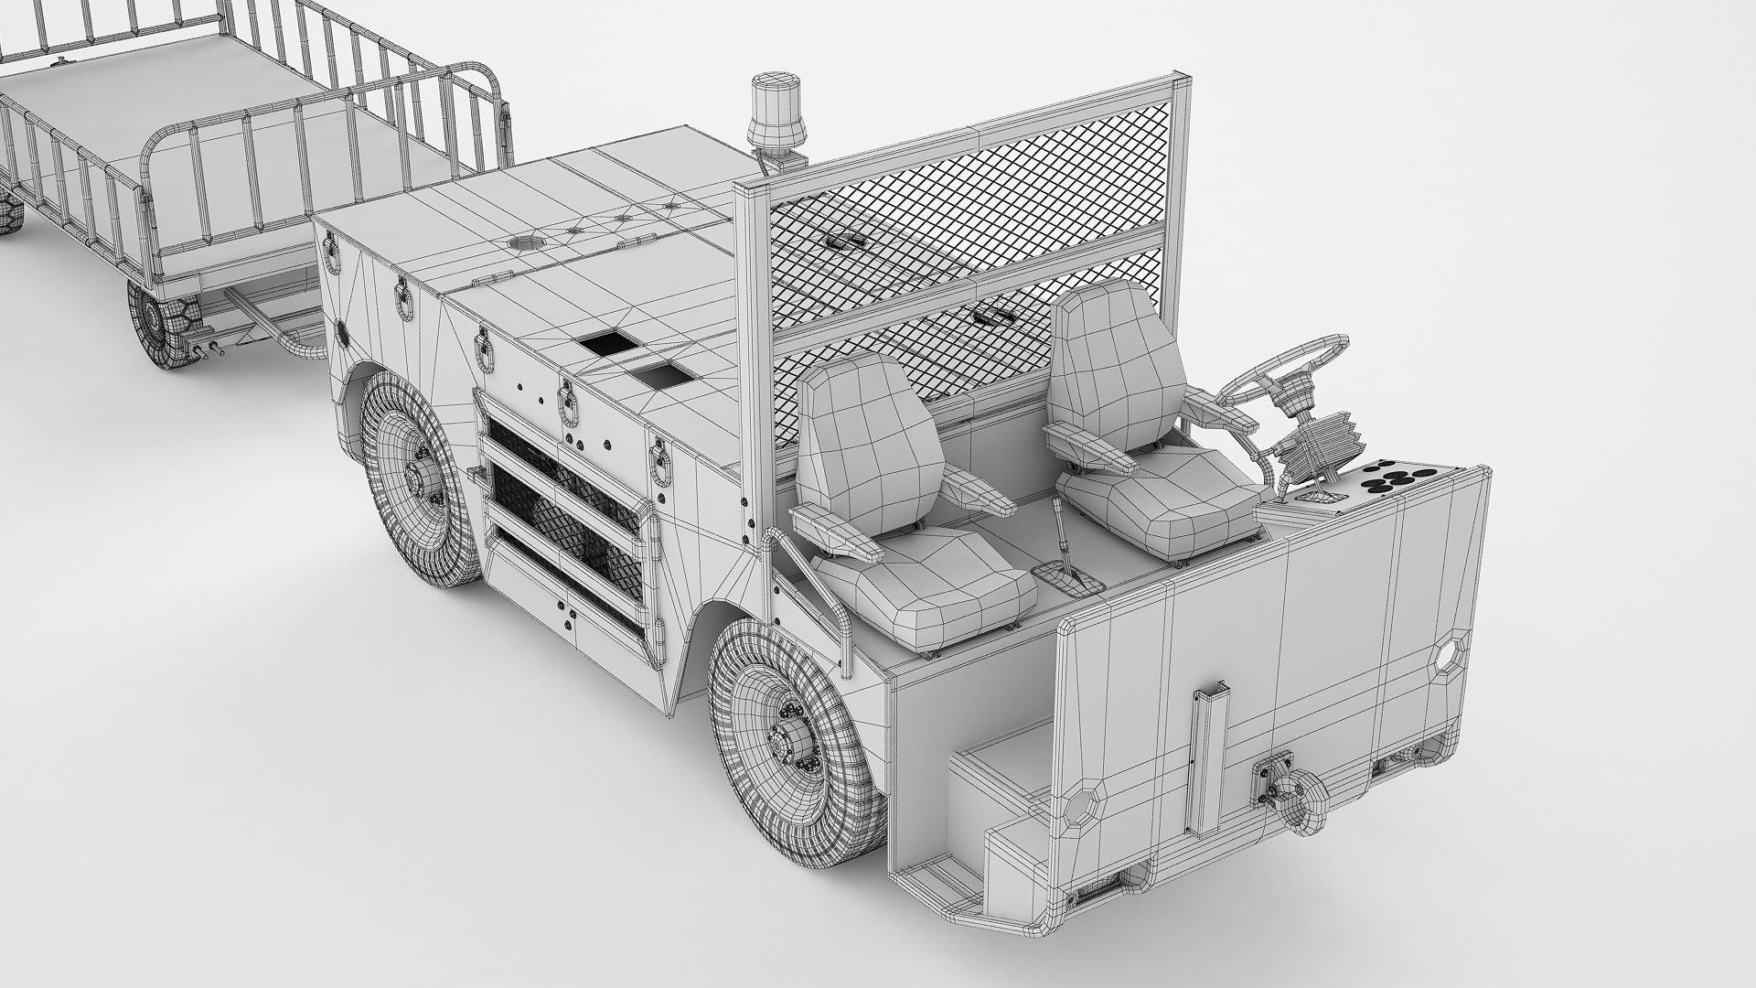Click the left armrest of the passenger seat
pyautogui.click(x=828, y=535)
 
